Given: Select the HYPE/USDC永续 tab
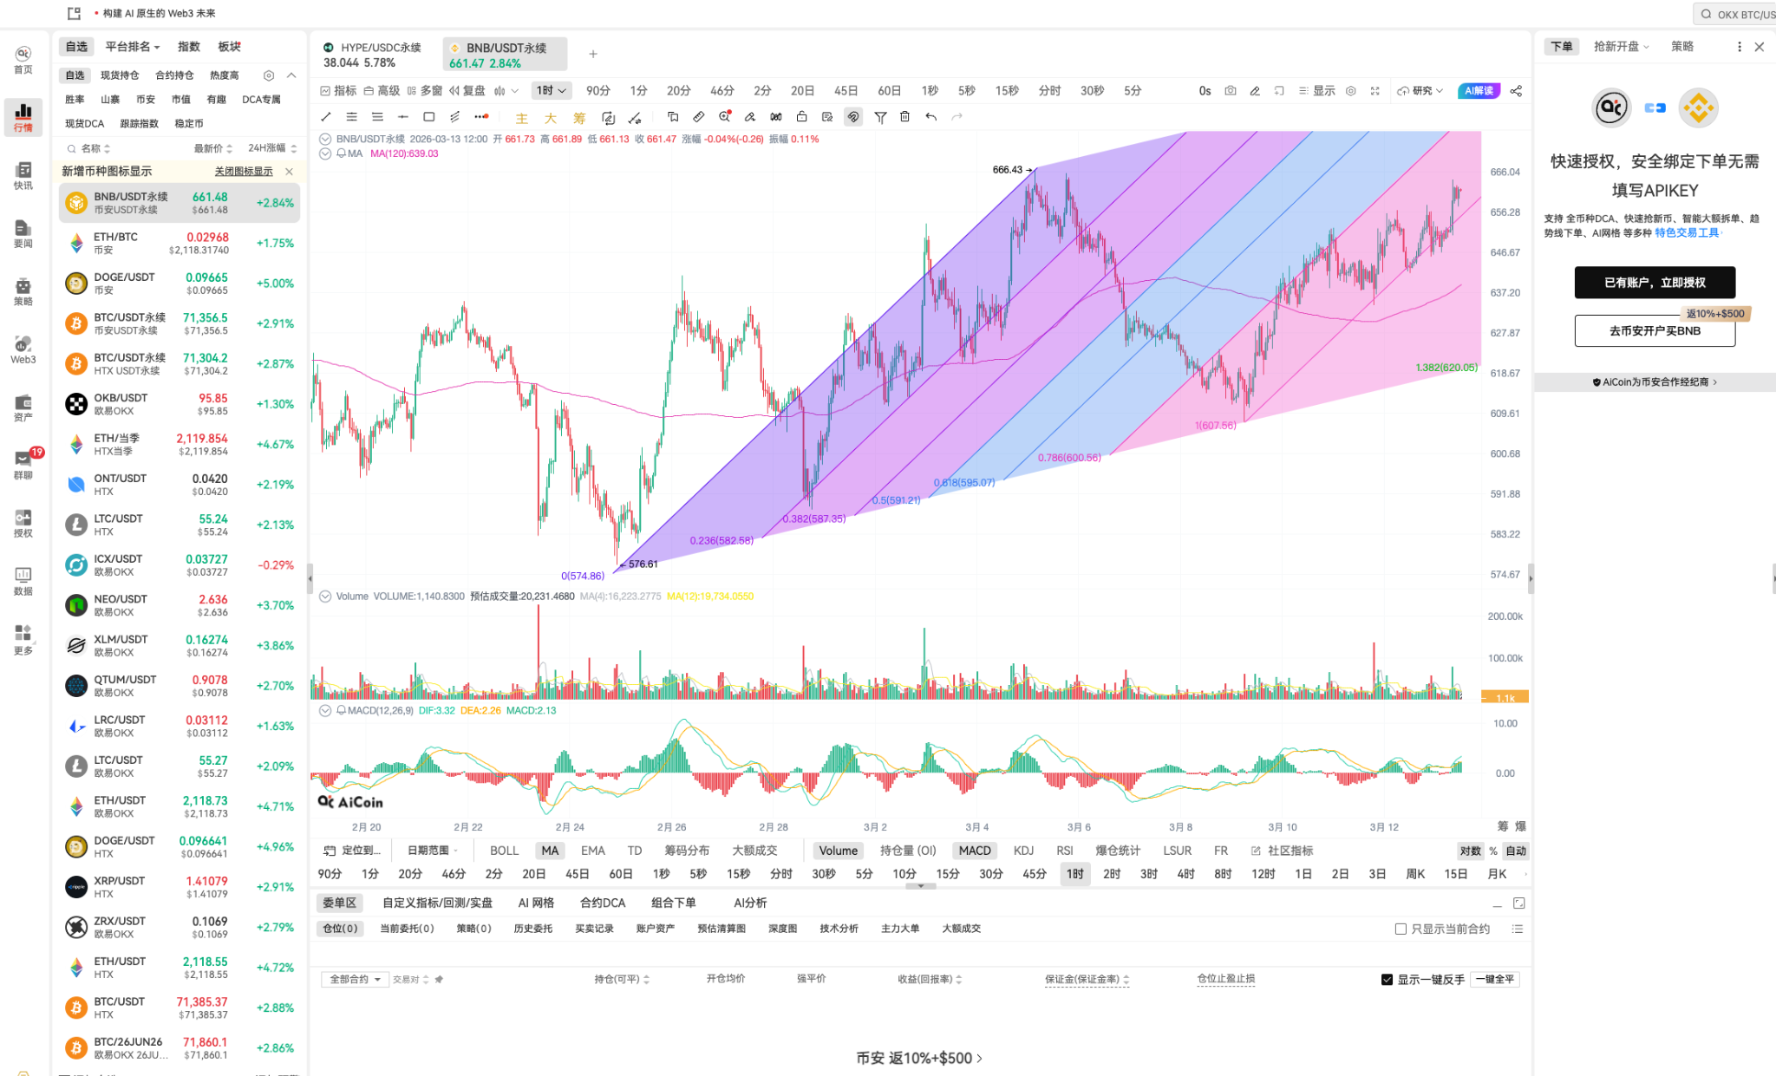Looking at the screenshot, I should coord(380,49).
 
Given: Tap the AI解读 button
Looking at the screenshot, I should coord(1479,91).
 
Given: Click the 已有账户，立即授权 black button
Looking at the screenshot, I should coord(1654,283).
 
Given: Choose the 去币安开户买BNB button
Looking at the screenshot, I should coord(1654,330).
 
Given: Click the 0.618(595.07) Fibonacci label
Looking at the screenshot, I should coord(963,483).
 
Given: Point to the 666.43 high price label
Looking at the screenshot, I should coord(1007,170).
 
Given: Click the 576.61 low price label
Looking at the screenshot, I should coord(643,564).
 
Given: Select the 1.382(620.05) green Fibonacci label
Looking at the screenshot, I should coord(1446,368).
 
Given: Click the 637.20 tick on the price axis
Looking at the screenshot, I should coord(1505,293).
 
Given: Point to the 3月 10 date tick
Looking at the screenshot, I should coord(1282,827).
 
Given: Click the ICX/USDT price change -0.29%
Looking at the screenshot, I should coord(275,565).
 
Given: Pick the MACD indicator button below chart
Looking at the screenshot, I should coord(974,851).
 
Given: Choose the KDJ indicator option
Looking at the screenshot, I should coord(1023,851).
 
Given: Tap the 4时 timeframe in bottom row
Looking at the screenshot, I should coord(1185,874).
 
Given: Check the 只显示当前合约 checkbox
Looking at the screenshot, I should coord(1401,929).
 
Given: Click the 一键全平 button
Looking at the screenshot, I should coord(1495,979).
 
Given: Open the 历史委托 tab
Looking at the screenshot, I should coord(532,929).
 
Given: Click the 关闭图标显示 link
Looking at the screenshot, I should coord(244,172).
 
